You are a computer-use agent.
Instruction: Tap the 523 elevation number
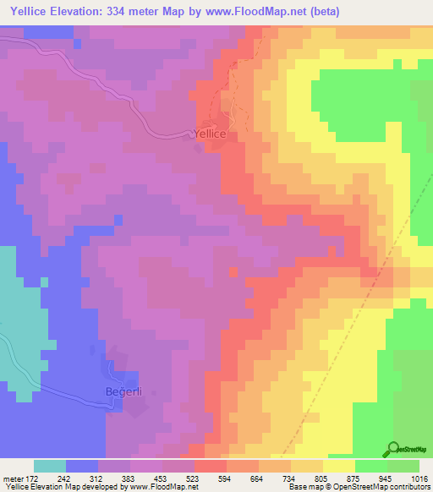(x=194, y=476)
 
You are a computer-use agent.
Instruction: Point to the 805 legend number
(x=321, y=476)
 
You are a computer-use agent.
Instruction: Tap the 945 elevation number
(x=384, y=476)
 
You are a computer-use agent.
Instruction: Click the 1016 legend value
(x=418, y=476)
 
